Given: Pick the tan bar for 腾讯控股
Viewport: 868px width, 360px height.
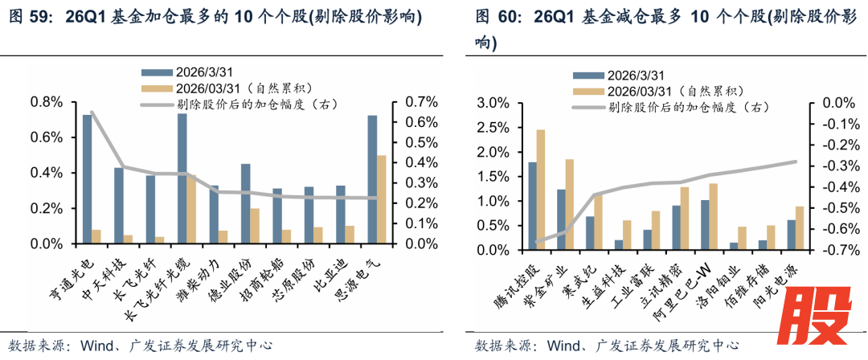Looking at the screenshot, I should click(x=541, y=190).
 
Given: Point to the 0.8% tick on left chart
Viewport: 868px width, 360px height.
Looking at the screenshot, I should click(x=46, y=102).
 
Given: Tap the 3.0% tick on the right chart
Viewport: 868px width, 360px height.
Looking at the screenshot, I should click(x=493, y=103).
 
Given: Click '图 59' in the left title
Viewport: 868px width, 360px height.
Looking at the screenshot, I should click(x=31, y=18).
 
